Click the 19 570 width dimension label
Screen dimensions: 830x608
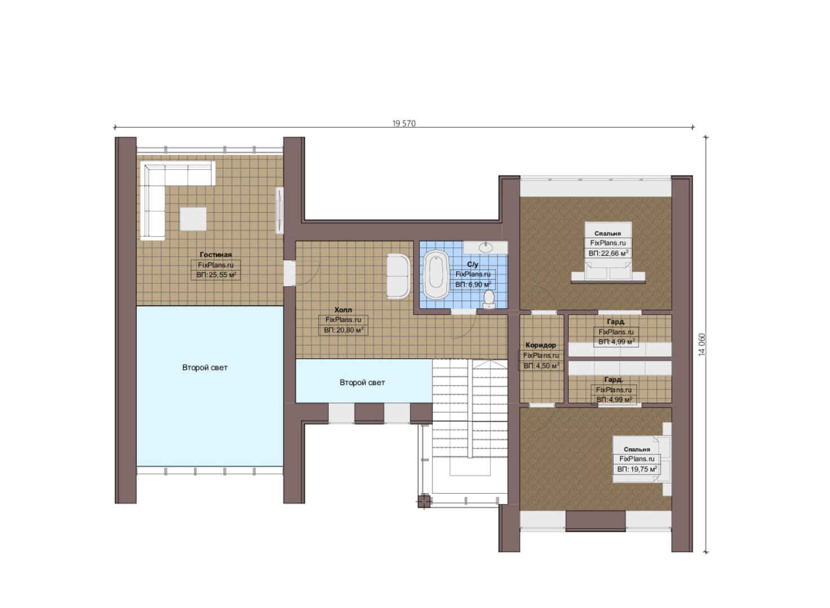(404, 123)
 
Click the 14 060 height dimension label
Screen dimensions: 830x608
(702, 345)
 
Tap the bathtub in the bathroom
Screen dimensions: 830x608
(436, 275)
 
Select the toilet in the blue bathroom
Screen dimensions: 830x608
(489, 299)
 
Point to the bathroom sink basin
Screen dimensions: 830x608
(485, 247)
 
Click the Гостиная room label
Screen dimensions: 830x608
(216, 254)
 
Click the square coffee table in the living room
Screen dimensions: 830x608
(193, 219)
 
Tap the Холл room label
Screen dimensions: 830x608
(343, 310)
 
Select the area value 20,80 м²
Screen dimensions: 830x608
(343, 330)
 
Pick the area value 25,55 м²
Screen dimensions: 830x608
(216, 275)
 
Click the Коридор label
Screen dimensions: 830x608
(541, 345)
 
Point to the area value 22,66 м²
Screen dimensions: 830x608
(608, 253)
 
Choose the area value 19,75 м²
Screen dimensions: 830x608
(637, 469)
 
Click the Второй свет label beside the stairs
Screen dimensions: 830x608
(362, 382)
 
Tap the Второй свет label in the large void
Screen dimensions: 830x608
(204, 368)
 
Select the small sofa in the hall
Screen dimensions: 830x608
(398, 276)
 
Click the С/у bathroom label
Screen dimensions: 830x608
(472, 264)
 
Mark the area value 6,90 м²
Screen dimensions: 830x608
(473, 284)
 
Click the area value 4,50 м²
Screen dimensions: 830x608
(541, 366)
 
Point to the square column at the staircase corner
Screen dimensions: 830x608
(424, 502)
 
